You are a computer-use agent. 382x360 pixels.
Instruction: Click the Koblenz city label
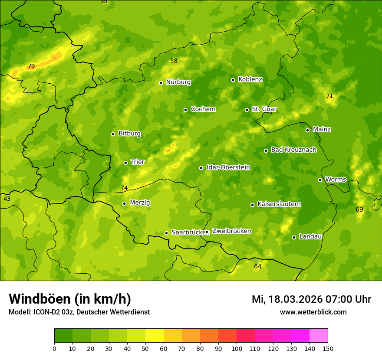(x=250, y=79)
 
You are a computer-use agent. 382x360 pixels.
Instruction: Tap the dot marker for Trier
(x=125, y=163)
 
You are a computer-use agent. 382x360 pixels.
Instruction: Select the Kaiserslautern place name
(x=279, y=204)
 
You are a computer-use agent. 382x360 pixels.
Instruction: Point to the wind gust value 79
(x=31, y=66)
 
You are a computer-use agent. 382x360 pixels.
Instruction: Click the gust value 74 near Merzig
(x=124, y=188)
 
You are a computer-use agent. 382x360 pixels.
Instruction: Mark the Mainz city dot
(x=307, y=130)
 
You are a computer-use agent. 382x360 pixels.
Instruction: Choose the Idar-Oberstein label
(x=228, y=167)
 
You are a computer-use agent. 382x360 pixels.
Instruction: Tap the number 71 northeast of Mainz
(x=329, y=96)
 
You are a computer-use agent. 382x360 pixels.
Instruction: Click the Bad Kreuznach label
(x=293, y=150)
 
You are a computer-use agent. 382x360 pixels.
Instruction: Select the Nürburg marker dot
(x=161, y=83)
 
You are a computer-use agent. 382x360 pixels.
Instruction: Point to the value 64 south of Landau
(x=258, y=266)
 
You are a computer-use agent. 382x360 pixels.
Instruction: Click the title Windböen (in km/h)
(x=70, y=299)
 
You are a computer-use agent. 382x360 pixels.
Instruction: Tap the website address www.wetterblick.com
(x=313, y=312)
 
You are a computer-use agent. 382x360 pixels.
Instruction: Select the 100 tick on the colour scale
(x=237, y=348)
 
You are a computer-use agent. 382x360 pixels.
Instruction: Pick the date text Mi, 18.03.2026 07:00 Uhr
(x=311, y=299)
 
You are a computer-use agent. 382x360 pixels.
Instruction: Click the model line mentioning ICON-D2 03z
(x=79, y=312)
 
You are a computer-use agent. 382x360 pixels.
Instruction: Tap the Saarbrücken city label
(x=188, y=232)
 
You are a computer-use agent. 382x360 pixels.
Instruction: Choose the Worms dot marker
(x=320, y=180)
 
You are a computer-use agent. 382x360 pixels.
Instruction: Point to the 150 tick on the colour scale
(x=328, y=348)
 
